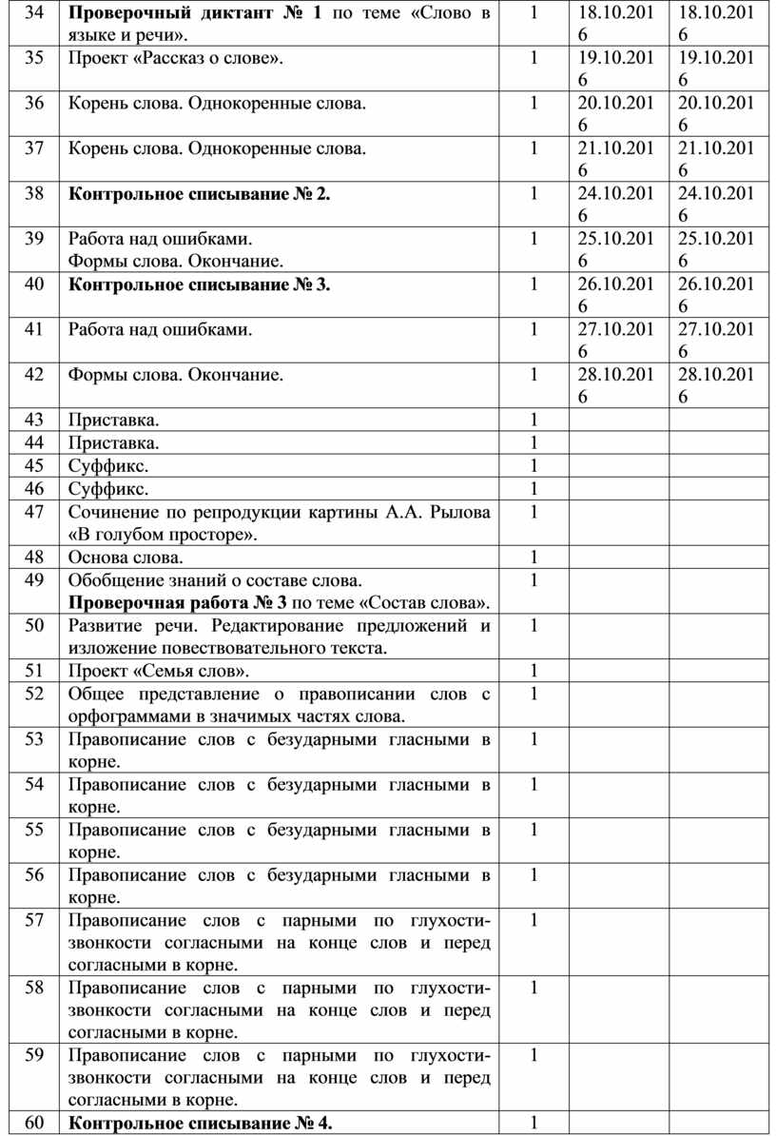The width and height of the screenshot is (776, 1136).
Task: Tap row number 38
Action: [x=34, y=194]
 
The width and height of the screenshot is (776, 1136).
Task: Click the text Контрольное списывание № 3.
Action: [x=201, y=284]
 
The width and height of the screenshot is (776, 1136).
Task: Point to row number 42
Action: [x=34, y=375]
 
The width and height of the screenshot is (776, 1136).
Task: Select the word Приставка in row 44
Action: [x=113, y=442]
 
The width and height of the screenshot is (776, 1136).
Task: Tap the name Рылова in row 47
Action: [x=461, y=513]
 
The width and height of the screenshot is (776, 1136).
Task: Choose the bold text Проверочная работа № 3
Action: [x=178, y=602]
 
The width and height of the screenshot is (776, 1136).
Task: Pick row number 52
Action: [x=34, y=694]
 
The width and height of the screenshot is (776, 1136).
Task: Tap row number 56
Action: [x=34, y=874]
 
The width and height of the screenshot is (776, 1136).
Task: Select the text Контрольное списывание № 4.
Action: [x=201, y=1124]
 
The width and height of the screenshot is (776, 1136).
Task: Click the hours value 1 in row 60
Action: [x=533, y=1124]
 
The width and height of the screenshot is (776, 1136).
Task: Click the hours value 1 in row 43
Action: [x=533, y=420]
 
